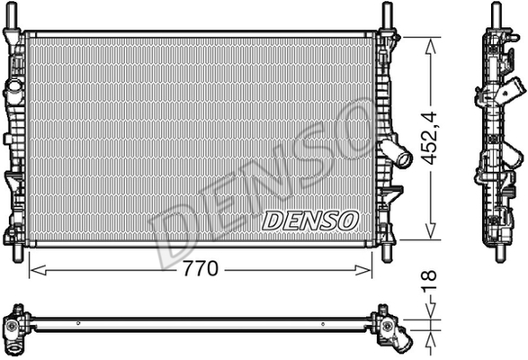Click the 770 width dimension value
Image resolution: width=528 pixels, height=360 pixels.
(x=201, y=269)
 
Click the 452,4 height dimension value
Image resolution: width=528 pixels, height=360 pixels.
(x=429, y=138)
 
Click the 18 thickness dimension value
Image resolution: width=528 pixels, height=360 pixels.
(x=429, y=281)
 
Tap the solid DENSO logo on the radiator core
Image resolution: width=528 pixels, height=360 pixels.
(x=309, y=220)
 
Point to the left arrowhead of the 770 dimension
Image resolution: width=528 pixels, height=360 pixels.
(x=38, y=270)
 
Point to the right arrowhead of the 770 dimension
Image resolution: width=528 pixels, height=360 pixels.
(x=363, y=270)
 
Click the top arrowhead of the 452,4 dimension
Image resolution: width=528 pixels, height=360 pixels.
(x=430, y=46)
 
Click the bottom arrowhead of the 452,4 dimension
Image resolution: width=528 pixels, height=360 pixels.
(x=430, y=230)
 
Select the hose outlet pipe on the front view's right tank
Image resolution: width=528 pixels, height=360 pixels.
(x=397, y=153)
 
